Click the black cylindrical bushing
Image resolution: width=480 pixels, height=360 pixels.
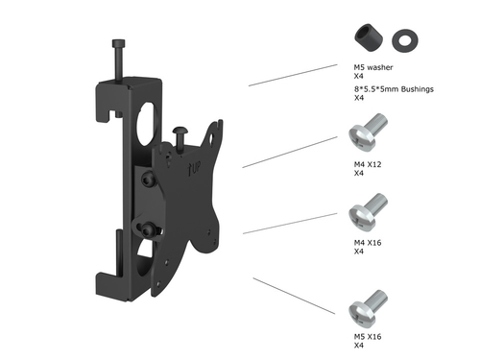point(369,37)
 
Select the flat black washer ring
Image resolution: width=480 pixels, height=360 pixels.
point(405,40)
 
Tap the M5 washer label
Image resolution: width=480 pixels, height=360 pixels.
point(373,67)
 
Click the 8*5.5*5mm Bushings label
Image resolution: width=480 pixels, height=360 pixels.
point(394,89)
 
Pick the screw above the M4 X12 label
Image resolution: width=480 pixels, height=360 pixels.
point(368,132)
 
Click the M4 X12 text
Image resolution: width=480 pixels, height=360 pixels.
point(368,164)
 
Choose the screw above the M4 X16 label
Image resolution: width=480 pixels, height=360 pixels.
point(368,212)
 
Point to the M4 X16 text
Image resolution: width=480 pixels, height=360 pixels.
point(368,243)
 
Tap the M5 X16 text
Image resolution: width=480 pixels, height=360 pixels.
point(368,337)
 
